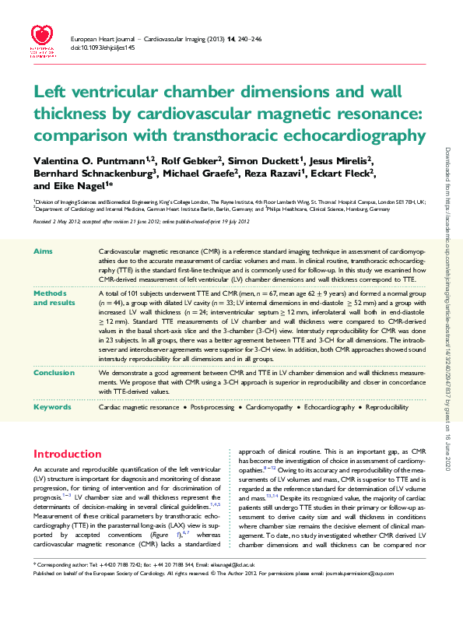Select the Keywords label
[52, 407]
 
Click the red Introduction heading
[67, 454]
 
